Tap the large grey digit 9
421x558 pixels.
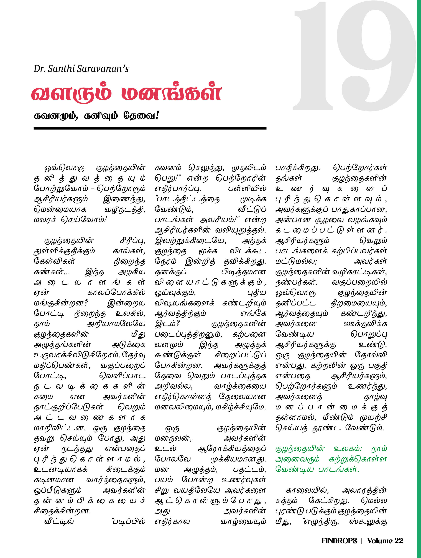click(376, 55)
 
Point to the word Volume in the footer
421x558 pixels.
click(380, 541)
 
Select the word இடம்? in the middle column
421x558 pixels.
click(167, 324)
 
